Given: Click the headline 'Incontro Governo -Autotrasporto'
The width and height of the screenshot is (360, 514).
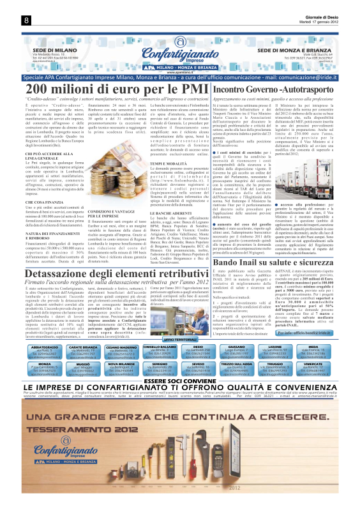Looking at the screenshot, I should (275, 89).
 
